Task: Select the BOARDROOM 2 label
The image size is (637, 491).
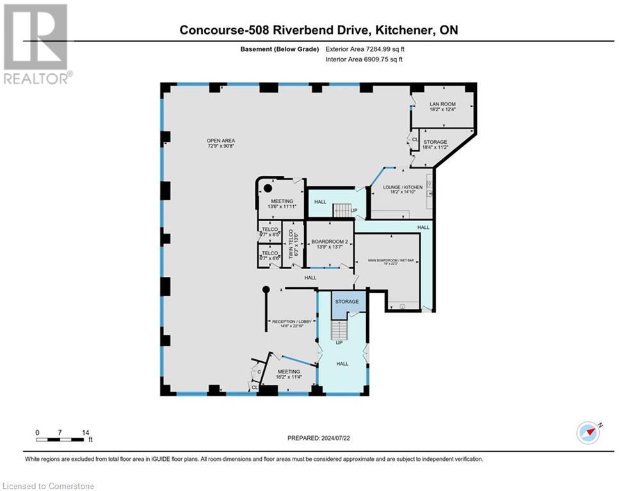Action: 329,242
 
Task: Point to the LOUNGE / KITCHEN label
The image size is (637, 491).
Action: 403,187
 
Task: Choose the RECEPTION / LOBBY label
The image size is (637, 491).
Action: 291,322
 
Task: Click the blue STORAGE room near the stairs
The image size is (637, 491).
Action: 348,301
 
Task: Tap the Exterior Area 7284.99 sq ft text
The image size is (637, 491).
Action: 365,49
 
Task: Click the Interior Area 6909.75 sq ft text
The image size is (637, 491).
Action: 364,59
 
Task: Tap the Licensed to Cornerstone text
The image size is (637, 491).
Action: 48,486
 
